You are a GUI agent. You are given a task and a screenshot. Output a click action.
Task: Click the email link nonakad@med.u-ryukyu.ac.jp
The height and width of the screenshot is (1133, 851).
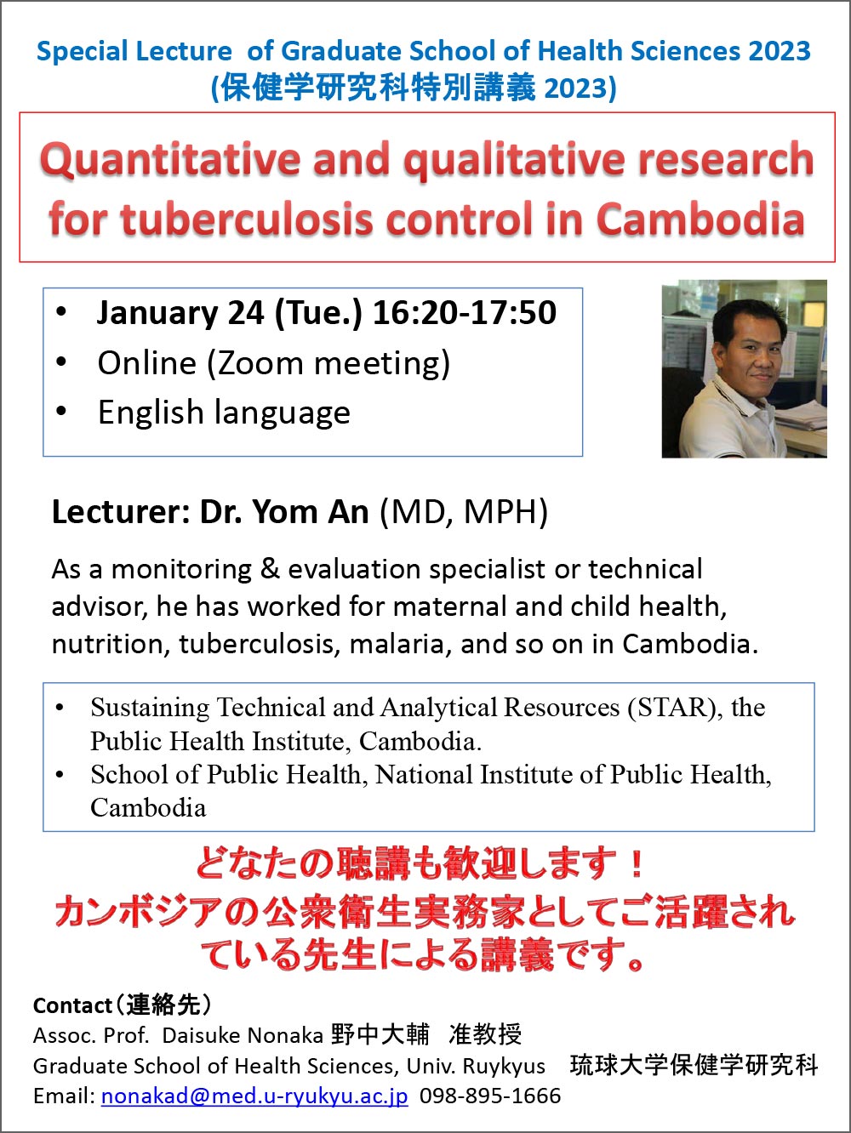tap(254, 1096)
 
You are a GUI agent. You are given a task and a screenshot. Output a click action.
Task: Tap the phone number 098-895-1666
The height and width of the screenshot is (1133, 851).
tap(490, 1096)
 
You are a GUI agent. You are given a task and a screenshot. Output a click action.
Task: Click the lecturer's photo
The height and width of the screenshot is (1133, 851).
tap(744, 368)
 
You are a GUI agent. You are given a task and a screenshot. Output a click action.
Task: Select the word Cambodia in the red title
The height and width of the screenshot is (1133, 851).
tap(700, 219)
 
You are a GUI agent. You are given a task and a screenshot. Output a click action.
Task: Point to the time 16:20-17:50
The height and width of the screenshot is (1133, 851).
tap(465, 312)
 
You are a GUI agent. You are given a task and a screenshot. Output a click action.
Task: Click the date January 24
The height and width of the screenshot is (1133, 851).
tap(180, 313)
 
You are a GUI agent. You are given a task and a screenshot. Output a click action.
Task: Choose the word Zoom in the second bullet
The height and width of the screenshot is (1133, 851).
tap(260, 363)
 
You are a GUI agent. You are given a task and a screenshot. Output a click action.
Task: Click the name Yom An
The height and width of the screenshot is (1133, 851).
tap(311, 512)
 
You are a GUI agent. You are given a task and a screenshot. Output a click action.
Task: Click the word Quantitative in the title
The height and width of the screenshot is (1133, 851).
tap(170, 160)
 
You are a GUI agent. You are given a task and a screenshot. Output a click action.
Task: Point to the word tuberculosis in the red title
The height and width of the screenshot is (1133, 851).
tap(246, 219)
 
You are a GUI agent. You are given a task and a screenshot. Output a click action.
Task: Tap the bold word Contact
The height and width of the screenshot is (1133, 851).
tap(72, 1005)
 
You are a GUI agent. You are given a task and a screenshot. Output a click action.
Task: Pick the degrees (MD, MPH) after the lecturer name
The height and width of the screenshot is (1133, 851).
tap(464, 512)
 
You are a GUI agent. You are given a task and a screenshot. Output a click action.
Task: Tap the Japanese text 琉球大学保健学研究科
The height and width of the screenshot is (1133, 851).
tap(694, 1066)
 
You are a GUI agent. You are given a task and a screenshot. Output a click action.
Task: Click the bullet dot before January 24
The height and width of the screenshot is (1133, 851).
tap(61, 312)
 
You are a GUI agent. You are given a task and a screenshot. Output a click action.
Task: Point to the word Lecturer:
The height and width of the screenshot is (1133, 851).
tap(121, 512)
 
